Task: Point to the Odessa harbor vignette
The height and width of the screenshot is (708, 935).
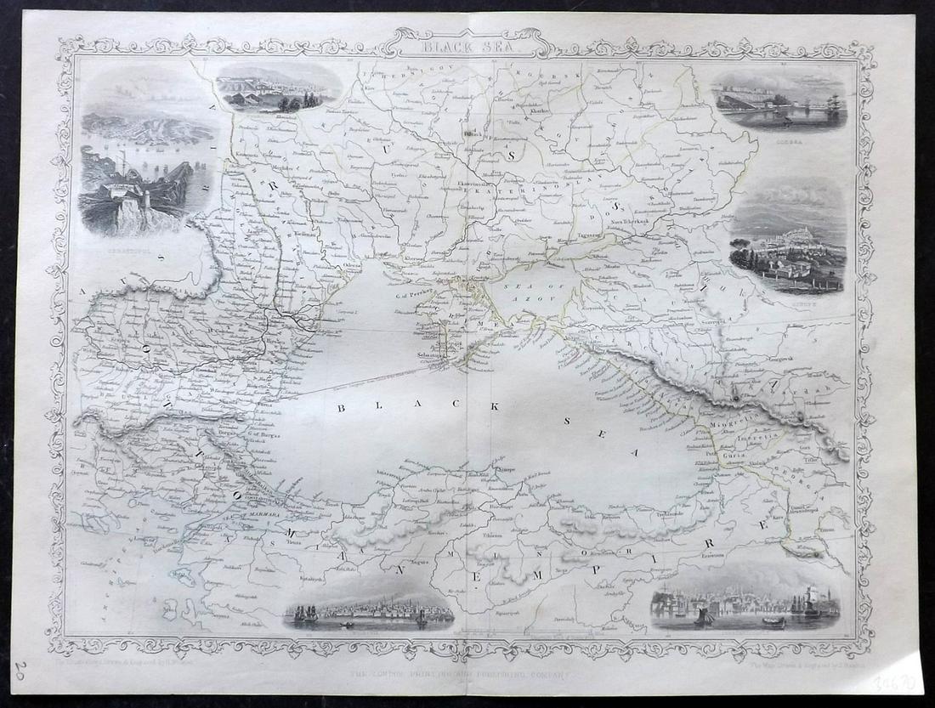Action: [779, 101]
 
